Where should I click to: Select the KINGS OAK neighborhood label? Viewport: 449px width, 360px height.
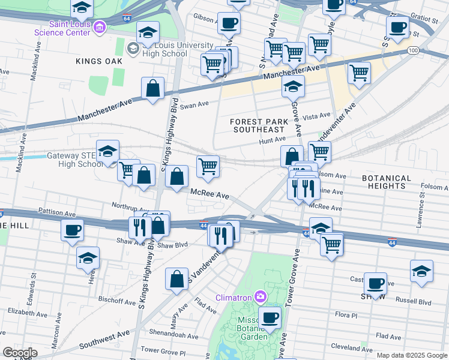click(99, 61)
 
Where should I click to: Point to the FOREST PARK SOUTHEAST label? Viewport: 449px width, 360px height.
click(258, 125)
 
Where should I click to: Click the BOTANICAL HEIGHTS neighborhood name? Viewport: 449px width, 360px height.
click(387, 182)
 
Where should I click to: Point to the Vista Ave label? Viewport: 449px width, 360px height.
click(318, 116)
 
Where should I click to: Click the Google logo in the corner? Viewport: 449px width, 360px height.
click(20, 352)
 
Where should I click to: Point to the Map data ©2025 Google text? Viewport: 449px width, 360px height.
click(411, 355)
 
